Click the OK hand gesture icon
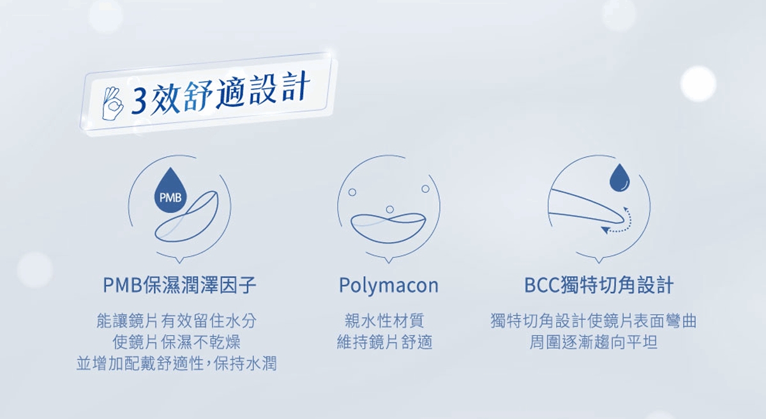point(112,103)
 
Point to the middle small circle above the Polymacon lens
point(389,209)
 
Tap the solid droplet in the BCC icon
point(619,178)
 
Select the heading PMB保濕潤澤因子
point(179,285)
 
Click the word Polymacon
point(389,286)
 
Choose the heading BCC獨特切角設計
point(599,285)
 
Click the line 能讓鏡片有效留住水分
point(176,321)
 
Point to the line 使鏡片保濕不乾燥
point(176,342)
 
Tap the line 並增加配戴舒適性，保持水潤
point(176,363)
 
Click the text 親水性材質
point(384,321)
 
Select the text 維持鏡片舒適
point(384,342)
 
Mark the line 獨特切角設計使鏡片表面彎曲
point(593,321)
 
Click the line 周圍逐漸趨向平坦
point(593,342)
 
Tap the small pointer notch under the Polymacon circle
point(388,261)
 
